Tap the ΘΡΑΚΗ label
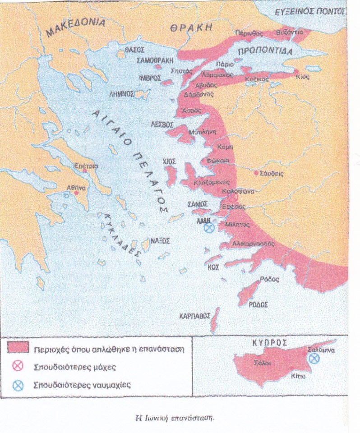191,28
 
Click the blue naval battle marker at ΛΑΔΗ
208,228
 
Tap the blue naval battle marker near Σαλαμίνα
314,358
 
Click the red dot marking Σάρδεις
256,173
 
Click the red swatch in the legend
18,348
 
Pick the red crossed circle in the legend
18,366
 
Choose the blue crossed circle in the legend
18,385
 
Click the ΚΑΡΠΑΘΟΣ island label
195,316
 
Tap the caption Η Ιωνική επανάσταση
175,417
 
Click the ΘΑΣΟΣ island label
134,51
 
